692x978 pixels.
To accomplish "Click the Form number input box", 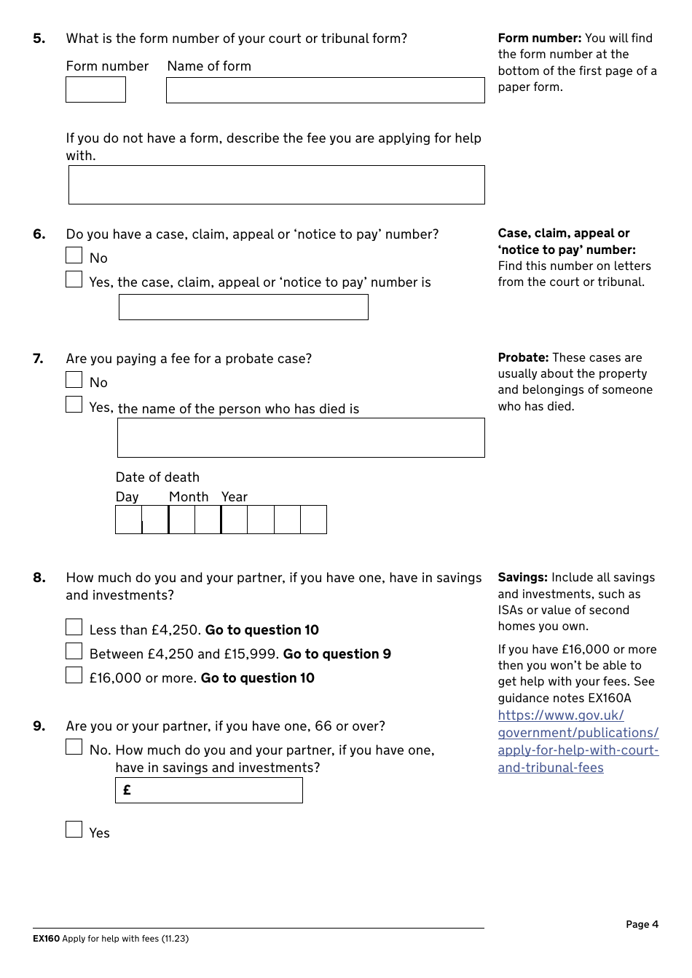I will tap(95, 90).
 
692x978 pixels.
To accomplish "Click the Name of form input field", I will tap(325, 90).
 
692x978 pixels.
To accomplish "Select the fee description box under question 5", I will tap(276, 185).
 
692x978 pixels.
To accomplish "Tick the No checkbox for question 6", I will tap(74, 255).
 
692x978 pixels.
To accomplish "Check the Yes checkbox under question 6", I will tap(74, 279).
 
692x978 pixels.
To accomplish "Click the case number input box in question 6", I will tap(243, 307).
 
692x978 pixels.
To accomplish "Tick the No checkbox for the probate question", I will tap(74, 380).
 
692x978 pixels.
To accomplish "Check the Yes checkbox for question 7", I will tap(74, 405).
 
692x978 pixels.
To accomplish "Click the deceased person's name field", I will tap(301, 437).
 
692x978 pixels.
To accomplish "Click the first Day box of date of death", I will tap(129, 520).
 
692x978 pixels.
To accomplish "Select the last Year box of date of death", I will tap(313, 520).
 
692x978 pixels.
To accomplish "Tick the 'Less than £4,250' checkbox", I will tap(74, 627).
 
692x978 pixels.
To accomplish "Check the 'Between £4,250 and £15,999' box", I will tap(74, 651).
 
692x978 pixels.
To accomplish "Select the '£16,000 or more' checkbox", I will tap(74, 675).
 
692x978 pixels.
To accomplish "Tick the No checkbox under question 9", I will tap(74, 747).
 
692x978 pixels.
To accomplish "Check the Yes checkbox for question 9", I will tap(74, 830).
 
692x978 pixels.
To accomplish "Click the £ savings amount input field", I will tap(209, 790).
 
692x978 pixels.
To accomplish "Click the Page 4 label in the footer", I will tap(642, 924).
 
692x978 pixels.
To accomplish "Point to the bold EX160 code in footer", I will tap(46, 939).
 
